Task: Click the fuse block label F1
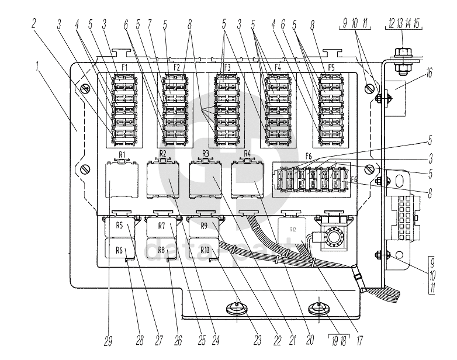click(124, 68)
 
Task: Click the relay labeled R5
click(120, 226)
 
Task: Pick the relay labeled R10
click(205, 250)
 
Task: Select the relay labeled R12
click(293, 230)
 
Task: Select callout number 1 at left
click(37, 66)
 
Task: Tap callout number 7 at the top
click(151, 23)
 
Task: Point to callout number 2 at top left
click(34, 23)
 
